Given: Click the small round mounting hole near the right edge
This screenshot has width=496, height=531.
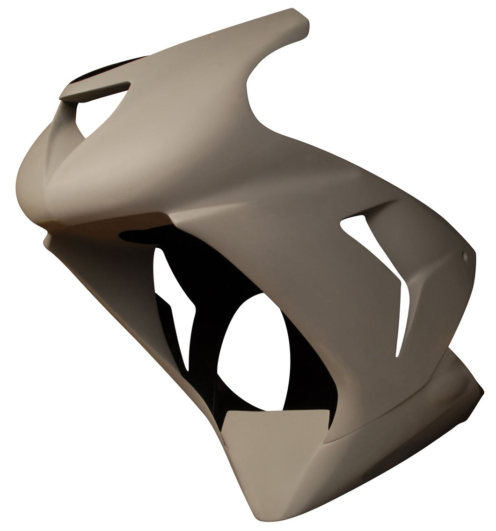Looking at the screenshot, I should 465,256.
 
